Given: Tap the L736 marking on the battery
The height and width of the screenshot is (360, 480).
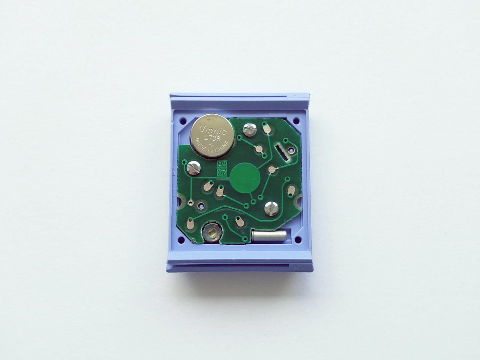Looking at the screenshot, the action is pyautogui.click(x=212, y=138).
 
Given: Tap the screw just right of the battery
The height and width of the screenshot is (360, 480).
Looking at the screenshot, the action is pyautogui.click(x=249, y=130).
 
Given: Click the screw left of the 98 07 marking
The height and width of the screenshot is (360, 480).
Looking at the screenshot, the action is pyautogui.click(x=194, y=168).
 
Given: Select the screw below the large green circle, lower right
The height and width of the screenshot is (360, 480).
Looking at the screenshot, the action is pyautogui.click(x=271, y=208).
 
